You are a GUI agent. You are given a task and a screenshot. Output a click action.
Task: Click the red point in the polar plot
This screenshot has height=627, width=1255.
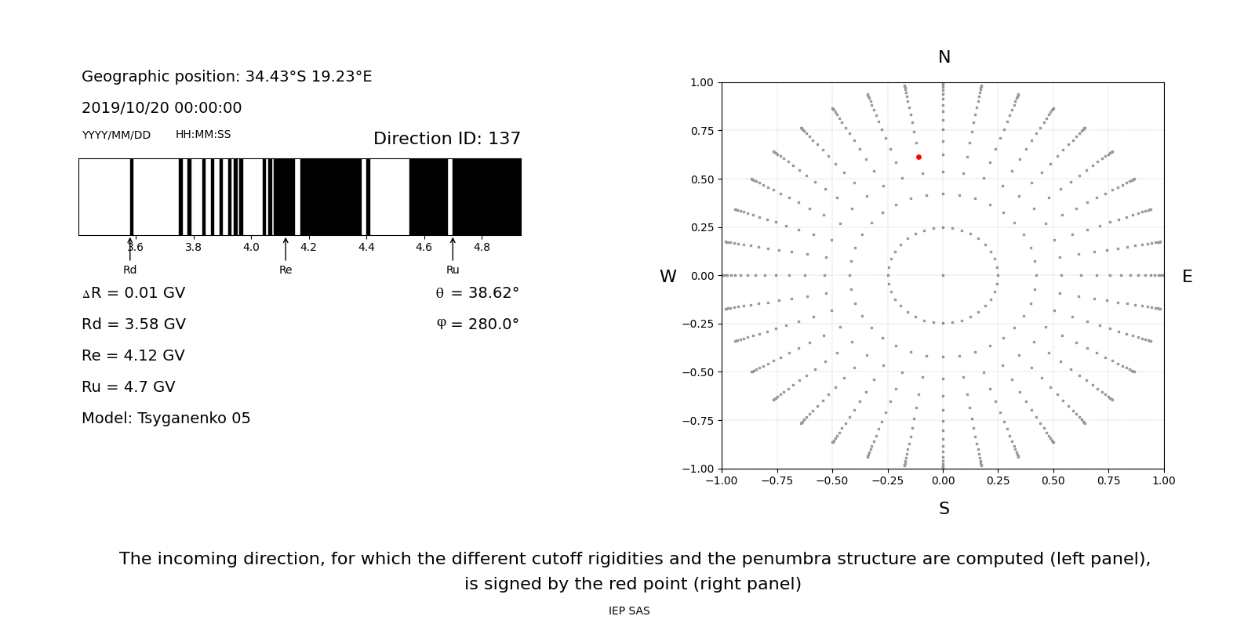(x=919, y=158)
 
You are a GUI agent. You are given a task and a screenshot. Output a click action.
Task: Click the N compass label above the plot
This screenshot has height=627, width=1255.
(x=944, y=57)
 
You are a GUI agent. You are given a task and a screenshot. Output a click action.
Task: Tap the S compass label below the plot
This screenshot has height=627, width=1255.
(x=944, y=509)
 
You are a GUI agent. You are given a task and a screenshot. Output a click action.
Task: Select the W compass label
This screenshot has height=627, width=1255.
(x=668, y=277)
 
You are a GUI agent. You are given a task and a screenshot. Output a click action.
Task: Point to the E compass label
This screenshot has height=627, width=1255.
(x=1187, y=277)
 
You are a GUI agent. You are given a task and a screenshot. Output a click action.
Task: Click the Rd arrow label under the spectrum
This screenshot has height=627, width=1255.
(x=130, y=270)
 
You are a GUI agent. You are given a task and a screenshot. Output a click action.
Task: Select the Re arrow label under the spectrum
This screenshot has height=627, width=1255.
(x=286, y=270)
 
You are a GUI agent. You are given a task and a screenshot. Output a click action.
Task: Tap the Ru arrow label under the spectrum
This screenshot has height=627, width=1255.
(x=453, y=270)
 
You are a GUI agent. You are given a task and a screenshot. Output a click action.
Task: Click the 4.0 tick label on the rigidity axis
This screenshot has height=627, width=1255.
(x=251, y=248)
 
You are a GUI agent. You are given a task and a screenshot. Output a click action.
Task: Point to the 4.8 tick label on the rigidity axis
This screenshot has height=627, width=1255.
(x=482, y=248)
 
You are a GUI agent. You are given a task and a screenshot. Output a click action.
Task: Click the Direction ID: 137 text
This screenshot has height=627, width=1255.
(x=446, y=139)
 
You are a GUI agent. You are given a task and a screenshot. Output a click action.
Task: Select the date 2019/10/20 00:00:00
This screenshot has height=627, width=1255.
(x=162, y=108)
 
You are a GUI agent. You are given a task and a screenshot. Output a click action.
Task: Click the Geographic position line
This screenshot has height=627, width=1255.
(x=227, y=77)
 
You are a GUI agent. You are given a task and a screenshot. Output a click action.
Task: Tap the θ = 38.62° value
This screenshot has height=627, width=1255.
(x=477, y=293)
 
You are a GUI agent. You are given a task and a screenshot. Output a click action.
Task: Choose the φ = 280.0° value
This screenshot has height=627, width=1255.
(x=477, y=324)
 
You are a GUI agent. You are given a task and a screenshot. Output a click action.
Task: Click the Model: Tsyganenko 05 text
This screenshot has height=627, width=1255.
(x=166, y=419)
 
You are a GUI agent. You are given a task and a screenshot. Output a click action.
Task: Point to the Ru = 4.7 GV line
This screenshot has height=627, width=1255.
(x=129, y=387)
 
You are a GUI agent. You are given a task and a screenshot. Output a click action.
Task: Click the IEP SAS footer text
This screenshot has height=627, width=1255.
(x=629, y=611)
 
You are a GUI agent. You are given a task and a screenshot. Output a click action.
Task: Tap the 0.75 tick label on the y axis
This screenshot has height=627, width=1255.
(x=702, y=131)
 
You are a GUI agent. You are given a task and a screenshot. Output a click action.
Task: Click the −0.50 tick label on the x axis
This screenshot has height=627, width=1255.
(x=831, y=480)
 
